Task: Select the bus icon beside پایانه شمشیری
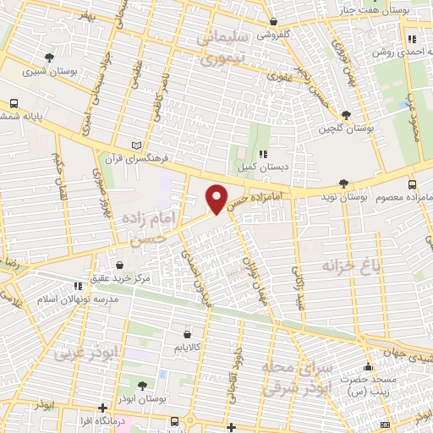click(x=14, y=103)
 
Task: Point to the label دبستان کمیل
click(x=262, y=166)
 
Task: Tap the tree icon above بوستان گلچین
click(x=345, y=115)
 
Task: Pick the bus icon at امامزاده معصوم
click(x=412, y=184)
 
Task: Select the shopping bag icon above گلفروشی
click(x=272, y=23)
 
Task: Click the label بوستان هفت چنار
click(x=397, y=9)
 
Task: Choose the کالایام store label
click(x=186, y=348)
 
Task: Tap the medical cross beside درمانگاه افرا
click(x=103, y=407)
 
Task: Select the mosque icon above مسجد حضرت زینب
click(x=368, y=367)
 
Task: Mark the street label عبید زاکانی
click(x=298, y=288)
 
